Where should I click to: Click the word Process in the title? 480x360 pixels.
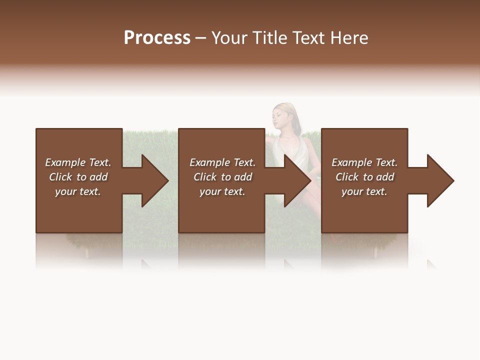click(x=157, y=38)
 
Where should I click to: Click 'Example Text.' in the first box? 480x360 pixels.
click(x=78, y=162)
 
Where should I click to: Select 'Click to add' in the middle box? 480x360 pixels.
click(x=222, y=177)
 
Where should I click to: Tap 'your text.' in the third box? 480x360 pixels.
click(x=364, y=191)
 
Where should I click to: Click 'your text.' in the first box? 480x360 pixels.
click(x=78, y=191)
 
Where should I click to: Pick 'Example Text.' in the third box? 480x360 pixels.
click(x=364, y=162)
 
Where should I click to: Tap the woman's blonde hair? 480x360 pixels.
click(x=289, y=111)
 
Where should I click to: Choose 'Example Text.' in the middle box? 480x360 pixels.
click(x=222, y=162)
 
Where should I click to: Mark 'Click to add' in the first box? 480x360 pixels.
click(x=78, y=177)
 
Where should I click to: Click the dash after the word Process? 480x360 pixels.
click(x=200, y=38)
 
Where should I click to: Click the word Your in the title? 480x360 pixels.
click(x=230, y=38)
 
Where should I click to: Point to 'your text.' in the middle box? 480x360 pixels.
click(x=222, y=191)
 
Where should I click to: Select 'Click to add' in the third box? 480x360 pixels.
click(x=364, y=177)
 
